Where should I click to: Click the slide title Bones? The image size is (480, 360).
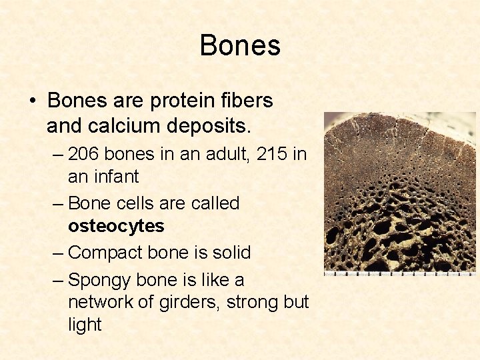[x=240, y=45]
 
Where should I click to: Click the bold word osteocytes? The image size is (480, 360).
[x=115, y=227]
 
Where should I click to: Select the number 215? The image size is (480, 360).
[x=273, y=154]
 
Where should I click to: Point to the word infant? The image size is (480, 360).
[x=117, y=177]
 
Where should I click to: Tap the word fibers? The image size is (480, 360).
[x=247, y=101]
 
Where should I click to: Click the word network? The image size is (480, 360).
[x=101, y=302]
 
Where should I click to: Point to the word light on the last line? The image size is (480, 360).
[x=84, y=325]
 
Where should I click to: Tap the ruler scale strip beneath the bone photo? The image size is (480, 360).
[x=399, y=273]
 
